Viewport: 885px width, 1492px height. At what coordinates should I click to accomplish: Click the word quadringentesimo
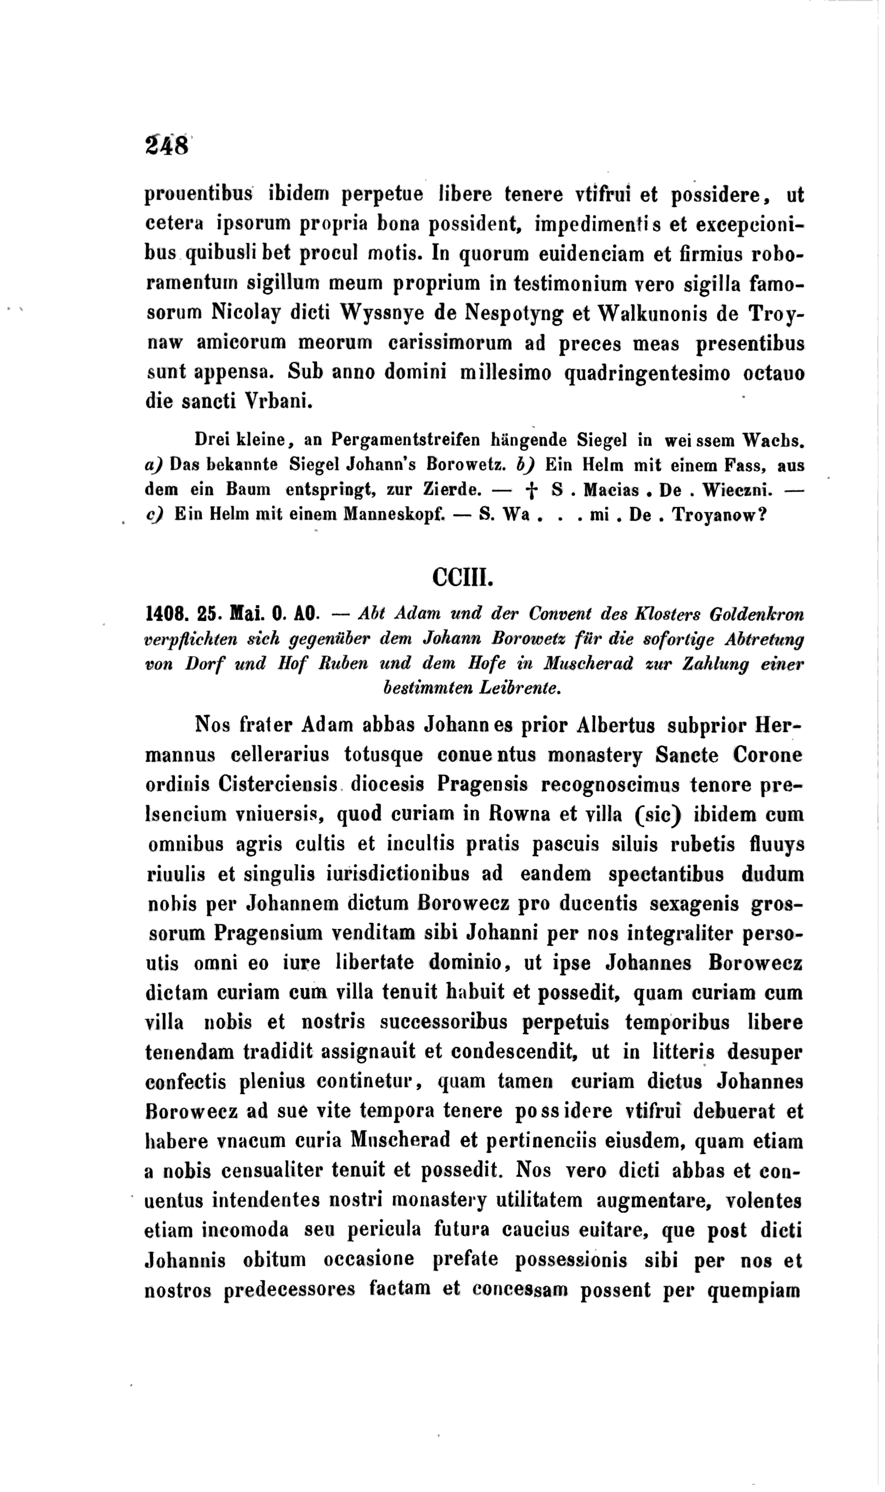click(647, 374)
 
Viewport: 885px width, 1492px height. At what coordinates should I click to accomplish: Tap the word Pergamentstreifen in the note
click(406, 441)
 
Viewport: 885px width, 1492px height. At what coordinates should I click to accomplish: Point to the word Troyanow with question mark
click(719, 515)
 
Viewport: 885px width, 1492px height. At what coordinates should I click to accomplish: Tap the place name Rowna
click(525, 814)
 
